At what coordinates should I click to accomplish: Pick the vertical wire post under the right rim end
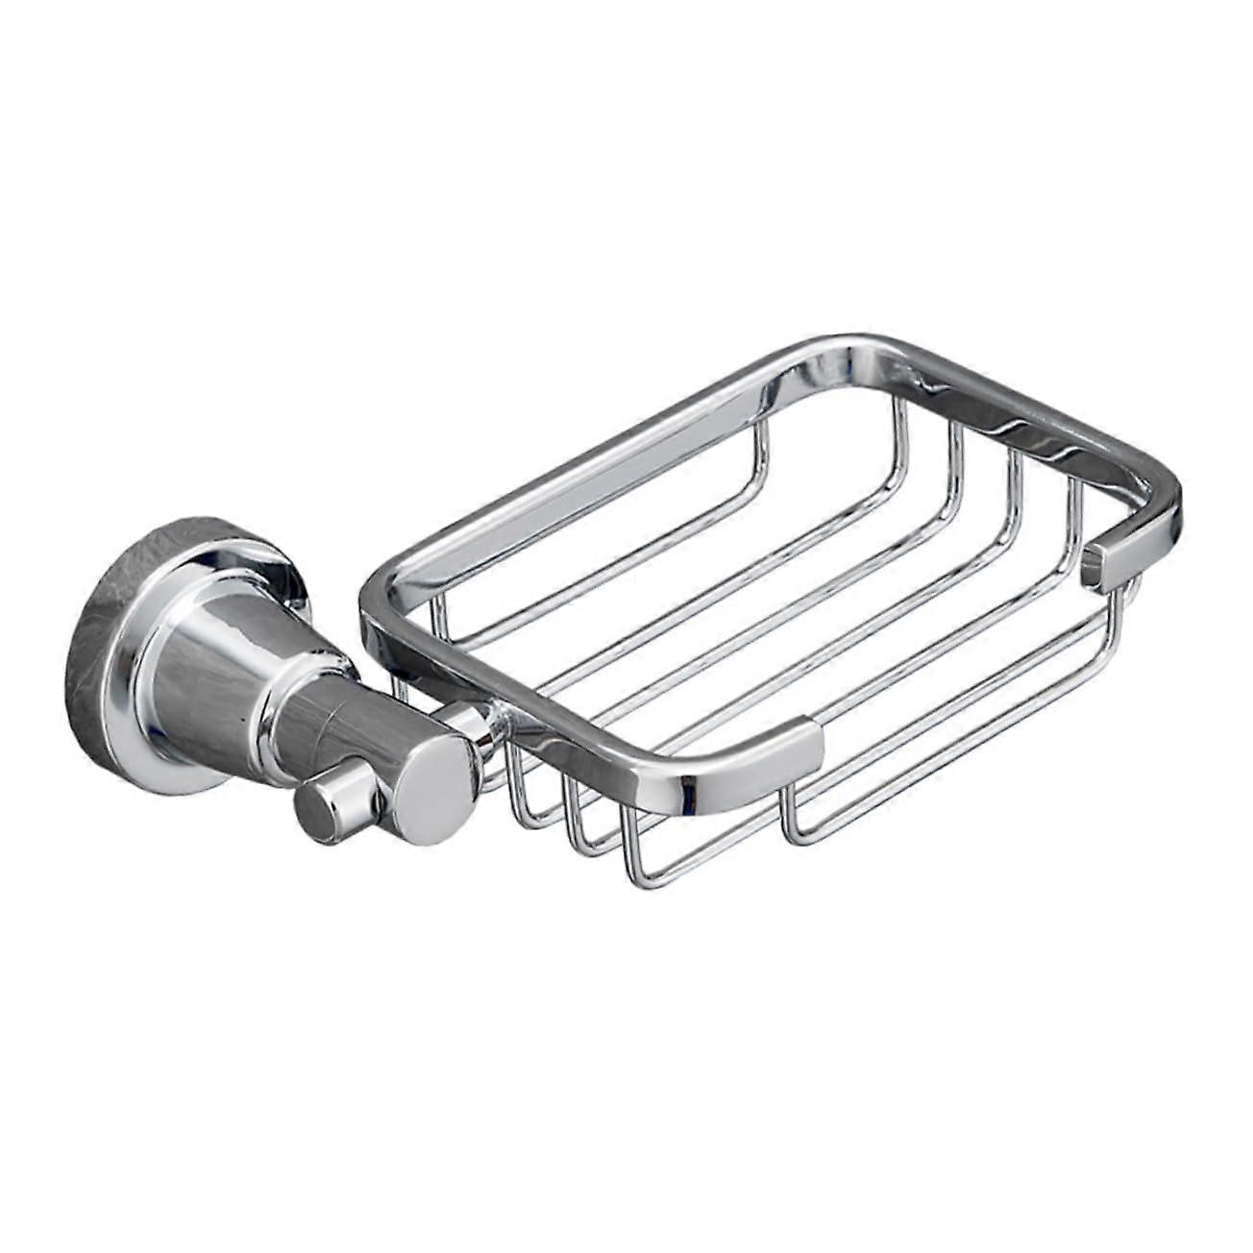(1115, 625)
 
